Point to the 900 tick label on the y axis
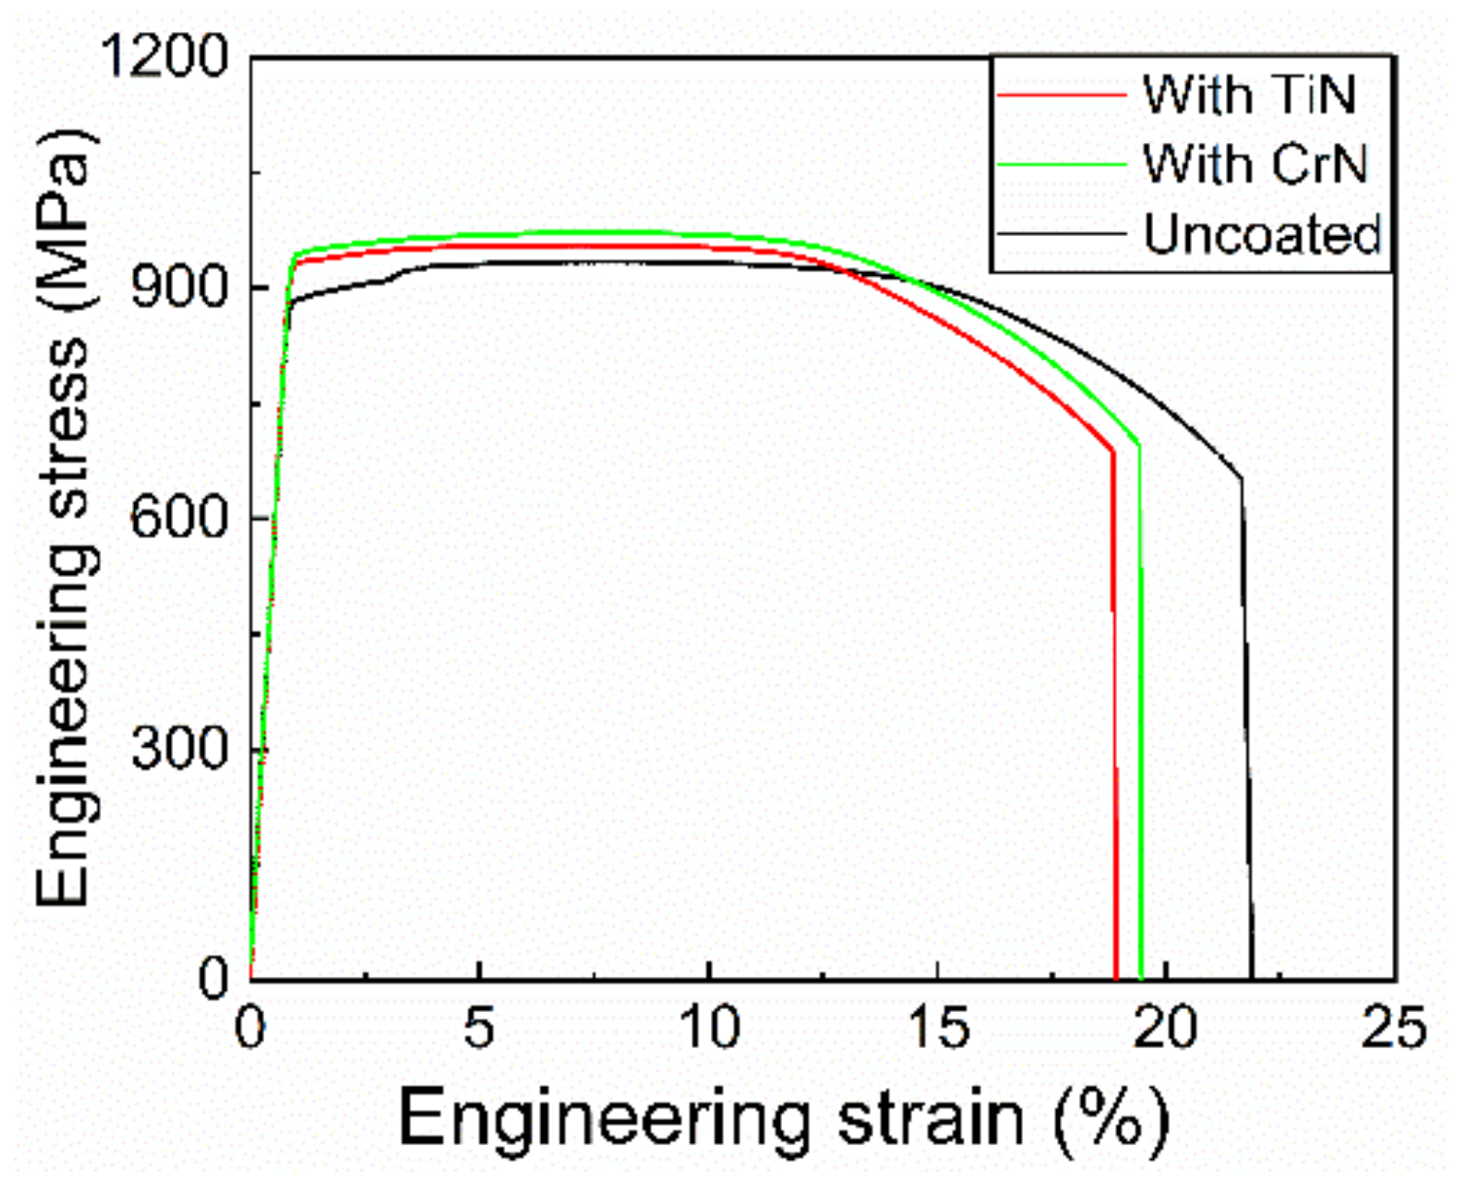(x=179, y=288)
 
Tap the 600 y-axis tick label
(x=179, y=518)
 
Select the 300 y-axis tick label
(x=179, y=749)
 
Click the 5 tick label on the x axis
(x=479, y=1027)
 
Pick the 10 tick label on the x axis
(x=709, y=1027)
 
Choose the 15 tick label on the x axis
(x=939, y=1027)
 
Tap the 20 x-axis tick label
(x=1167, y=1027)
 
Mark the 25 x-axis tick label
(x=1395, y=1027)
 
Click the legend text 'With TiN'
(x=1249, y=95)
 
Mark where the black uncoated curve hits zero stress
(x=1252, y=977)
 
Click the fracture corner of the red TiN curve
(x=1112, y=451)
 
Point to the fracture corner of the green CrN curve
(x=1138, y=445)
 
